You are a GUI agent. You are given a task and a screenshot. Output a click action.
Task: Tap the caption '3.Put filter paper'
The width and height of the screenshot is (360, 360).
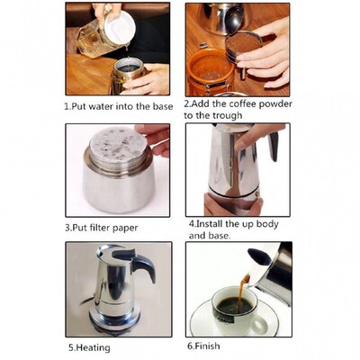(x=105, y=226)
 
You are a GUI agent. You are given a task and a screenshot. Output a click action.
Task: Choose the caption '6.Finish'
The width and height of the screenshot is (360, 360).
(x=205, y=346)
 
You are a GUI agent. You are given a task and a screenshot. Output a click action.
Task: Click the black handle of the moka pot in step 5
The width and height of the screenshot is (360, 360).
(x=141, y=266)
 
